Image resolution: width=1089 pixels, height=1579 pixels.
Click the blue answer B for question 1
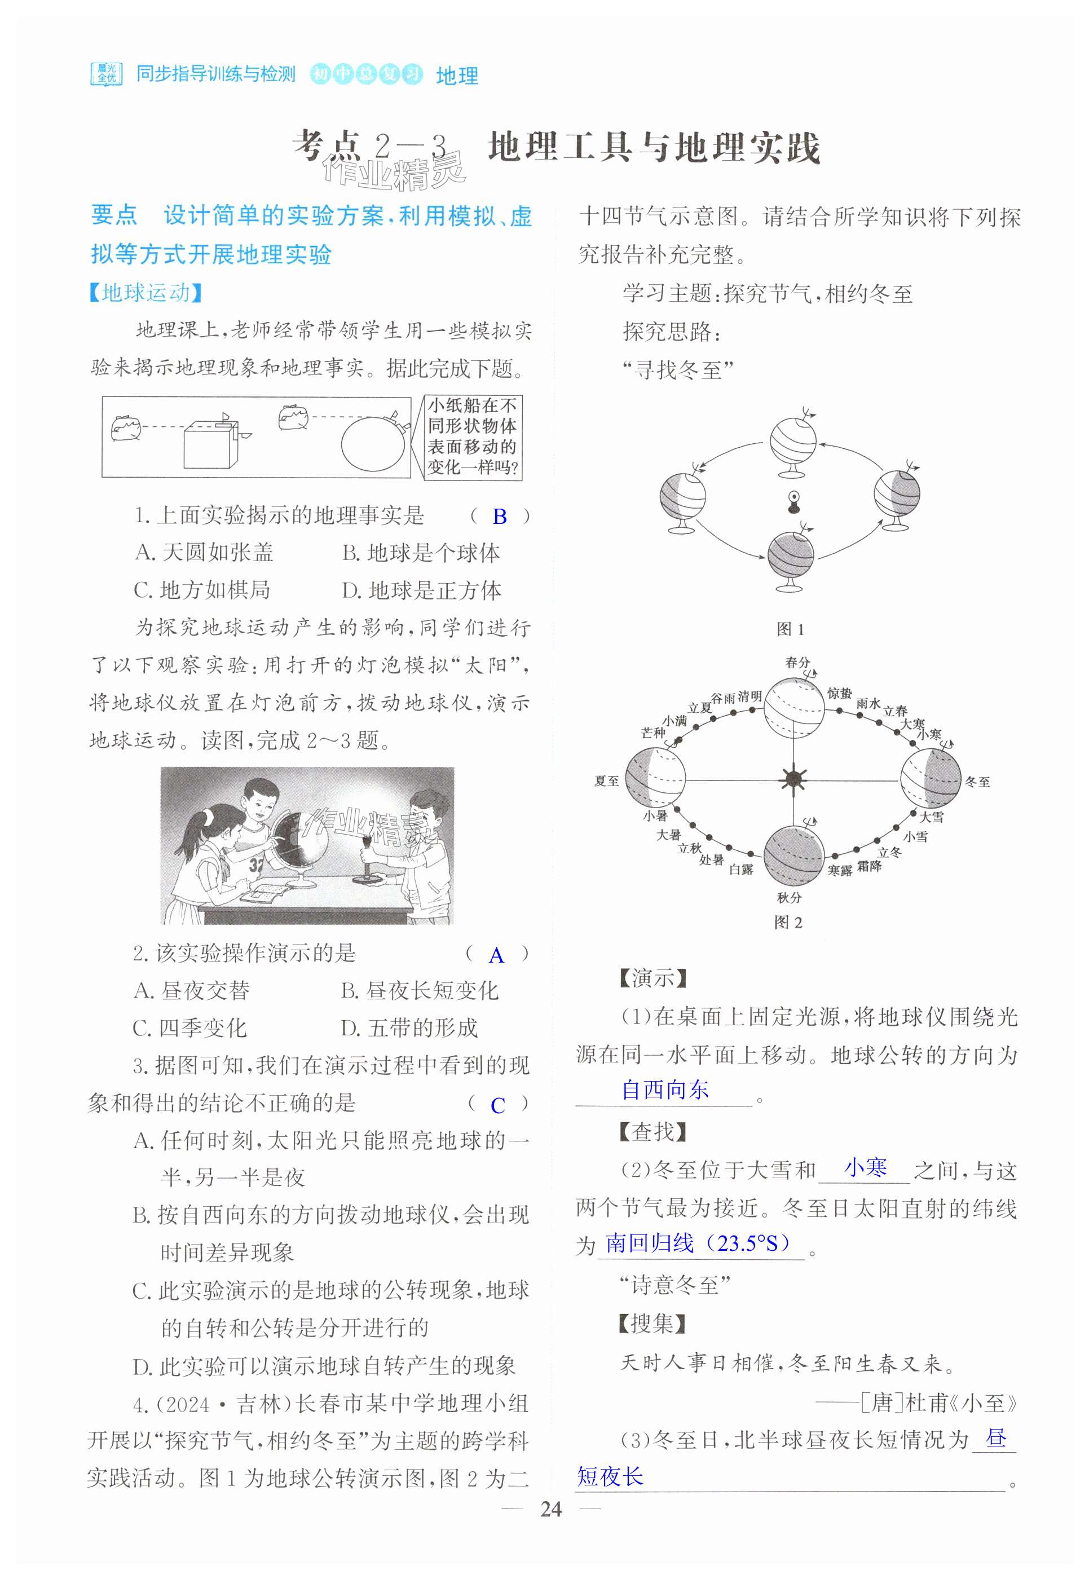(500, 517)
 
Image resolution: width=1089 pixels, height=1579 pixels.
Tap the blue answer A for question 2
(497, 955)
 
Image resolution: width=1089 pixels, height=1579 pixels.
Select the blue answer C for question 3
(498, 1105)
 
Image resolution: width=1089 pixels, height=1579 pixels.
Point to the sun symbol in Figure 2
(793, 779)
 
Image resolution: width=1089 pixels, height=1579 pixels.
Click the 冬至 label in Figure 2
(977, 782)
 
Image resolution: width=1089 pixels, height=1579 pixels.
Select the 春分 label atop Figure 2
(797, 662)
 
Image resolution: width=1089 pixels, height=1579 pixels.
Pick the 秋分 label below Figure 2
(789, 897)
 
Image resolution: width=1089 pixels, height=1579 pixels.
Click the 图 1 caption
(790, 629)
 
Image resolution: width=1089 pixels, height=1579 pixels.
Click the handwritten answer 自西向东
(665, 1089)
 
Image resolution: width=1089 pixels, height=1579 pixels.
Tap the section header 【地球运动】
(146, 293)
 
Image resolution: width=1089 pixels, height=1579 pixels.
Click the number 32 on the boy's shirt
(256, 865)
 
